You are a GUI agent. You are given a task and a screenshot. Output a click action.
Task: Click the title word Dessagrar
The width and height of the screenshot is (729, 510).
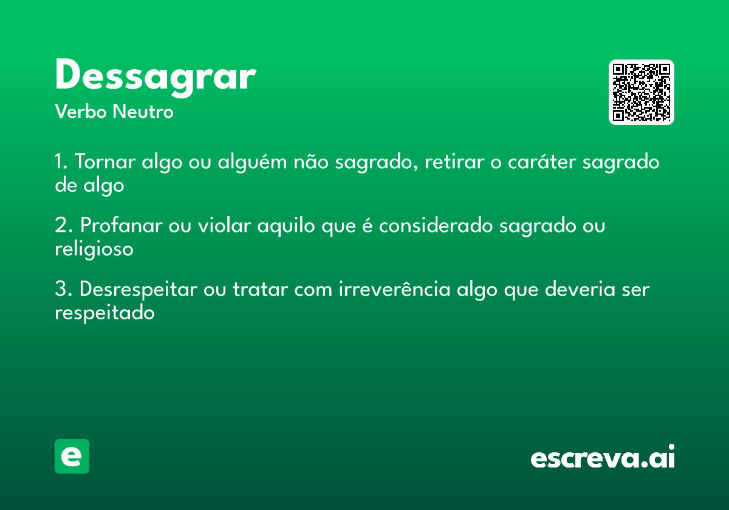tap(155, 76)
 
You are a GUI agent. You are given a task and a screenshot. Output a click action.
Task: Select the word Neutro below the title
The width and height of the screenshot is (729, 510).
tap(143, 112)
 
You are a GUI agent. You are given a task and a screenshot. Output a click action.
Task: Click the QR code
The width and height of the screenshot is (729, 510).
tap(642, 92)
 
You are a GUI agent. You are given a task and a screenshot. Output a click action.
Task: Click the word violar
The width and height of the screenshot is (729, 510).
tap(224, 226)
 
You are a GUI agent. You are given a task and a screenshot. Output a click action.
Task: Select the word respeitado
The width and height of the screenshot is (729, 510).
tap(104, 313)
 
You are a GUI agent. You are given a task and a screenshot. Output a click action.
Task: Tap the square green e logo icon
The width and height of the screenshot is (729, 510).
tap(72, 456)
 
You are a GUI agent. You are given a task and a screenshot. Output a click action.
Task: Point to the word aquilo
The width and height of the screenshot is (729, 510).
tap(286, 226)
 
